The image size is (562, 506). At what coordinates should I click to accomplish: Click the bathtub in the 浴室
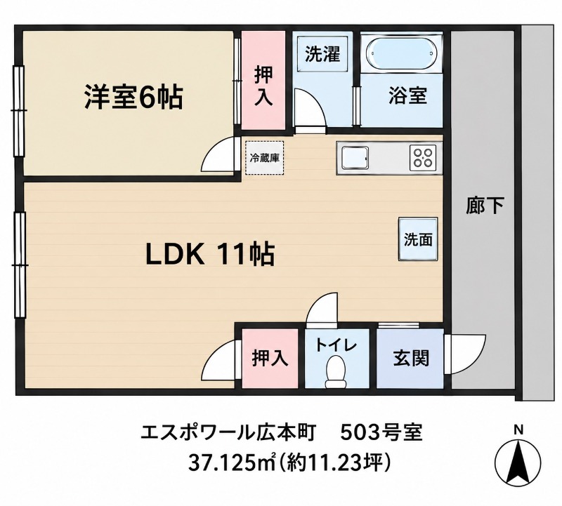click(x=401, y=54)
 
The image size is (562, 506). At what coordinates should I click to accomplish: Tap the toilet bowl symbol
click(x=335, y=371)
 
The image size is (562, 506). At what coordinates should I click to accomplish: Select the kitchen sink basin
click(x=355, y=158)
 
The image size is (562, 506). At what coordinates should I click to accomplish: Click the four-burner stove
click(x=423, y=158)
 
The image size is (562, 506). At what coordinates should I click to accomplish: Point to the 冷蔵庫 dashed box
click(x=265, y=158)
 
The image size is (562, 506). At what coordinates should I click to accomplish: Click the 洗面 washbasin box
click(x=418, y=239)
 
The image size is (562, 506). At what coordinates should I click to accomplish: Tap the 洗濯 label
click(x=322, y=54)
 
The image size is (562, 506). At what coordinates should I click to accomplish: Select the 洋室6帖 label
click(x=133, y=97)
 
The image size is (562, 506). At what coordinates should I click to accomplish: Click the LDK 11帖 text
click(x=210, y=253)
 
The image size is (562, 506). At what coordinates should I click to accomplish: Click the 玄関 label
click(x=411, y=358)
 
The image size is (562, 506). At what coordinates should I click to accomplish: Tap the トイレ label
click(x=336, y=345)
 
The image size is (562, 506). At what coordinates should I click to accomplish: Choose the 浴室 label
click(x=408, y=95)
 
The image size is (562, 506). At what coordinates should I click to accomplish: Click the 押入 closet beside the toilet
click(x=270, y=358)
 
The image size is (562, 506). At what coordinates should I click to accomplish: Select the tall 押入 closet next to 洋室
click(x=263, y=81)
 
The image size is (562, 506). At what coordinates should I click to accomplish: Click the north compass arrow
click(x=518, y=462)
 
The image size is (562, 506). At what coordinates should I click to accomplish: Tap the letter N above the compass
click(x=518, y=430)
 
